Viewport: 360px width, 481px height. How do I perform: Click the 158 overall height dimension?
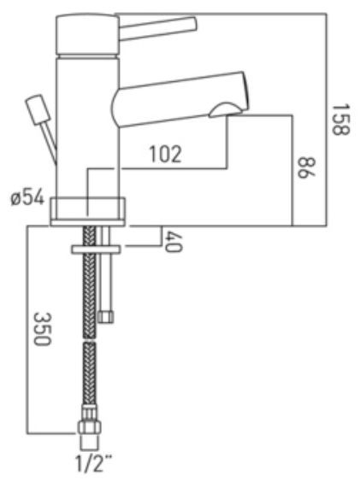pyautogui.click(x=341, y=120)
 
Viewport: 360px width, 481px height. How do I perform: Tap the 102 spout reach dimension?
pyautogui.click(x=166, y=154)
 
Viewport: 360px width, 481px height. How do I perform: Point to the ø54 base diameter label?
pyautogui.click(x=27, y=199)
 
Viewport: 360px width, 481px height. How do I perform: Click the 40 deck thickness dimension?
pyautogui.click(x=174, y=242)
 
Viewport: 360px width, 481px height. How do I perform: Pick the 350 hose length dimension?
pyautogui.click(x=42, y=329)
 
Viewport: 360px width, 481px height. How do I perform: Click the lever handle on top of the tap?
pyautogui.click(x=157, y=28)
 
